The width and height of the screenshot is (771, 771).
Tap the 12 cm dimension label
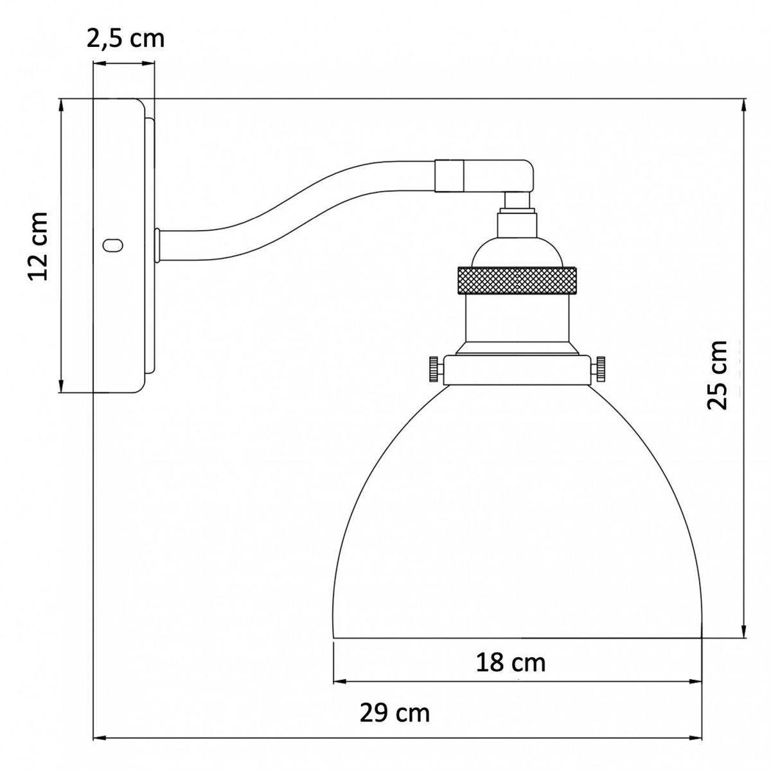click(x=39, y=245)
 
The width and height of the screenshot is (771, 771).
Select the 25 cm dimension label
click(x=717, y=375)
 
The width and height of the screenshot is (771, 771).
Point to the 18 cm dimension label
click(x=511, y=662)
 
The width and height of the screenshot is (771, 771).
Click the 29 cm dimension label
click(x=394, y=713)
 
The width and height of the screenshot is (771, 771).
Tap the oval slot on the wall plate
click(x=113, y=245)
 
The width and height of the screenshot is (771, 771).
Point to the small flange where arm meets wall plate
click(x=157, y=245)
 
